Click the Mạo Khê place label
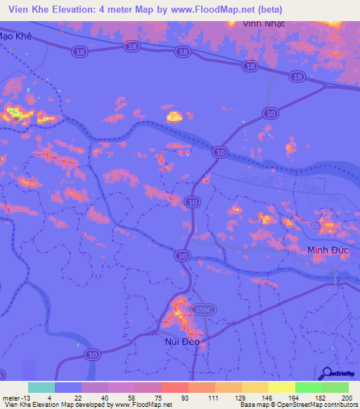tap(16, 36)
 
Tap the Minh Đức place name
tap(328, 250)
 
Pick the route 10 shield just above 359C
tap(183, 256)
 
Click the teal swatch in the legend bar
tap(41, 387)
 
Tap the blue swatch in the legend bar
tap(68, 387)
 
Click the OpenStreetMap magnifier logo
tap(326, 373)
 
